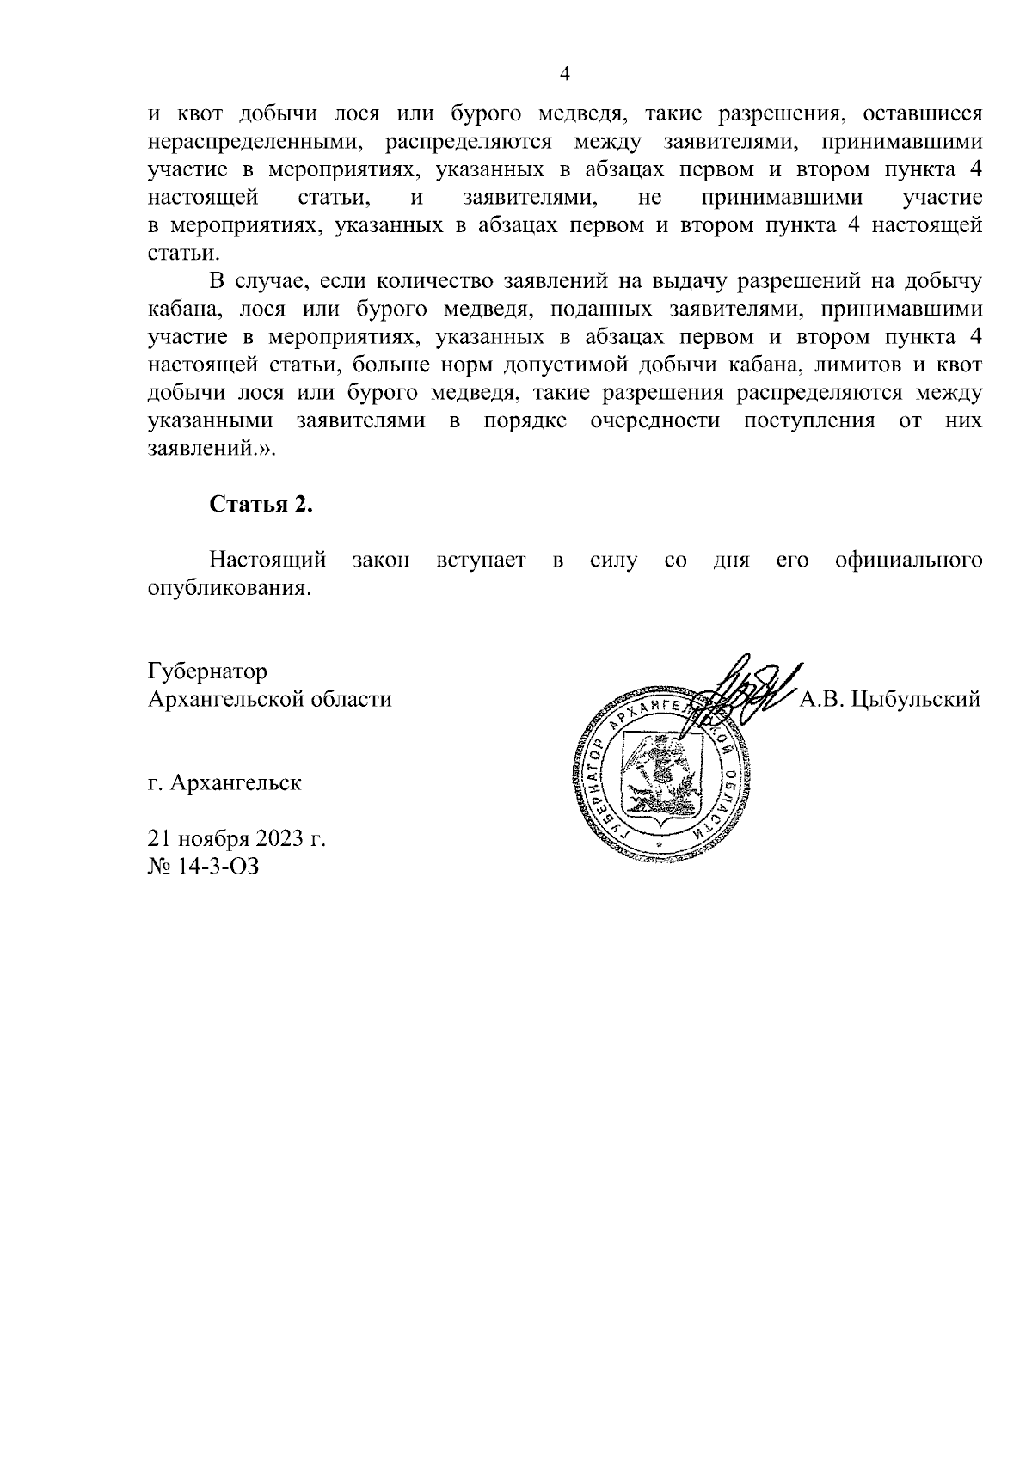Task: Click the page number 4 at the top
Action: point(565,74)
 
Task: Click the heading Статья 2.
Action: point(261,505)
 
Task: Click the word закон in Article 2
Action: point(380,561)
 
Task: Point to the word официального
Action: point(908,561)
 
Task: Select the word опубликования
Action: point(227,590)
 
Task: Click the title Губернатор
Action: point(207,671)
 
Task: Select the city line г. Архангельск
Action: point(224,783)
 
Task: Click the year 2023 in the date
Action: point(279,838)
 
